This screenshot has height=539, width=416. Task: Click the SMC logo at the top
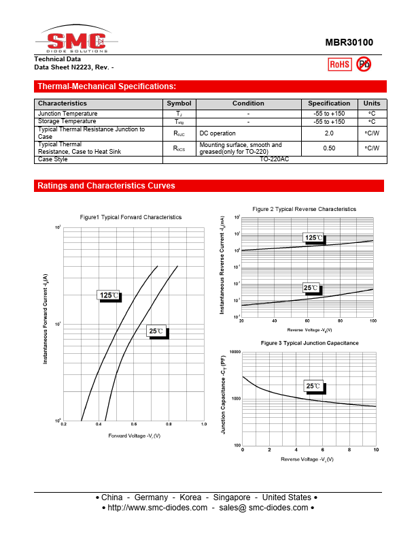[76, 42]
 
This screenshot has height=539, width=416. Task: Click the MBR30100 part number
[348, 42]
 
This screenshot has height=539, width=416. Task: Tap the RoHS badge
[339, 65]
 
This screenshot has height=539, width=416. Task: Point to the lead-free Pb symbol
[364, 65]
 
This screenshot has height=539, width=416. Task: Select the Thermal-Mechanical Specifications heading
[107, 86]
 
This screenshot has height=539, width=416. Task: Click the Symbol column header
[179, 103]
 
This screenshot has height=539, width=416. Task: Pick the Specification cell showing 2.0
[329, 133]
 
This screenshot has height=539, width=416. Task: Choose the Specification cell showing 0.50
[329, 148]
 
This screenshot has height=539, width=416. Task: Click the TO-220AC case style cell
[274, 159]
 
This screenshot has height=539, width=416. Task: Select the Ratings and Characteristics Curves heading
[106, 186]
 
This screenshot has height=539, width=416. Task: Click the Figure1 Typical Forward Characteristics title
[131, 217]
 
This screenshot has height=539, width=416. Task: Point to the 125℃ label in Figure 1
[109, 295]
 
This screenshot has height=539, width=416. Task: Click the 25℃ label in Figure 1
[156, 331]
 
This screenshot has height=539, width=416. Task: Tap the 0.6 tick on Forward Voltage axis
[134, 424]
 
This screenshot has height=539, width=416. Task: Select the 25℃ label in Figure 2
[311, 288]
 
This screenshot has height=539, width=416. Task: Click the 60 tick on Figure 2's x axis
[307, 321]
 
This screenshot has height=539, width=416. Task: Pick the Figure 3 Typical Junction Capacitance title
[309, 343]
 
